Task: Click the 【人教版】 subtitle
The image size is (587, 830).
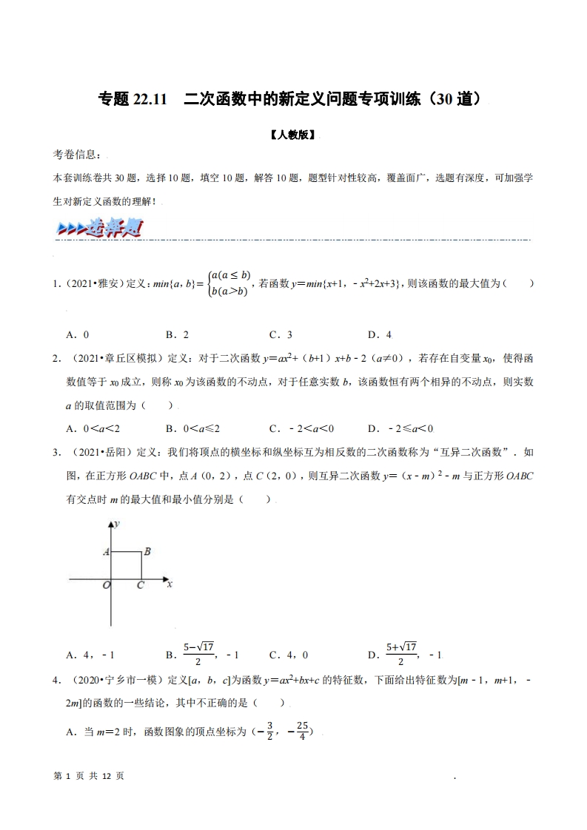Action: click(x=293, y=135)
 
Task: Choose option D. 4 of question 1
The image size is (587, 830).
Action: click(x=379, y=334)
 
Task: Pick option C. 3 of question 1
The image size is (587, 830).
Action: click(x=281, y=334)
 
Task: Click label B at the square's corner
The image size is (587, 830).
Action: click(x=147, y=551)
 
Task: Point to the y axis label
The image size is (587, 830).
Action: click(x=118, y=524)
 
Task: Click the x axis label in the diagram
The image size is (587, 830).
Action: click(x=170, y=584)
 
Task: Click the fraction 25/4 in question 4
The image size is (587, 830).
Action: click(x=301, y=732)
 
